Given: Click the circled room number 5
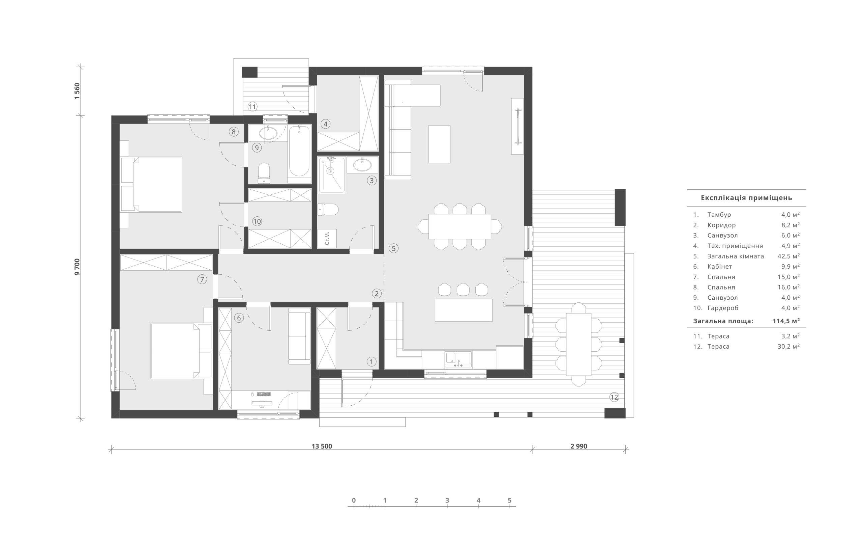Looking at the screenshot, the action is [393, 248].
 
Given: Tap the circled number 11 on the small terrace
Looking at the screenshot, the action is [252, 106].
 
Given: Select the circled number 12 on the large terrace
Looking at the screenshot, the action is [614, 397].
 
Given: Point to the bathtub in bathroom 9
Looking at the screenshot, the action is [299, 154].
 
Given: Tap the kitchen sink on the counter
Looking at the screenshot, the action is [458, 359].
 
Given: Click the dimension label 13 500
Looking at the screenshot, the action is [322, 446].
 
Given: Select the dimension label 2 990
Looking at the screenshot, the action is [579, 446].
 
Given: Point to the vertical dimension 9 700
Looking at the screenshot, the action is [77, 267].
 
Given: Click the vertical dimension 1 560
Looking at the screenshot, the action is [77, 91].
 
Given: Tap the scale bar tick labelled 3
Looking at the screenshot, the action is [447, 500].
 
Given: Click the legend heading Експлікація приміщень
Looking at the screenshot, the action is [746, 198].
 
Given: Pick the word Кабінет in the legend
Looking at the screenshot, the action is [719, 266].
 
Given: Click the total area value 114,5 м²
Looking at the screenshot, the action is [786, 321].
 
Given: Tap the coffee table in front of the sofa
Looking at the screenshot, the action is [439, 144].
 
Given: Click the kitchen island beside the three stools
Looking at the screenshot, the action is [464, 310].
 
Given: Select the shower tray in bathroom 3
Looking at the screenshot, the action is [332, 175].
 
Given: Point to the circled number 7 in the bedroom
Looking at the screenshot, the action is [202, 279].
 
